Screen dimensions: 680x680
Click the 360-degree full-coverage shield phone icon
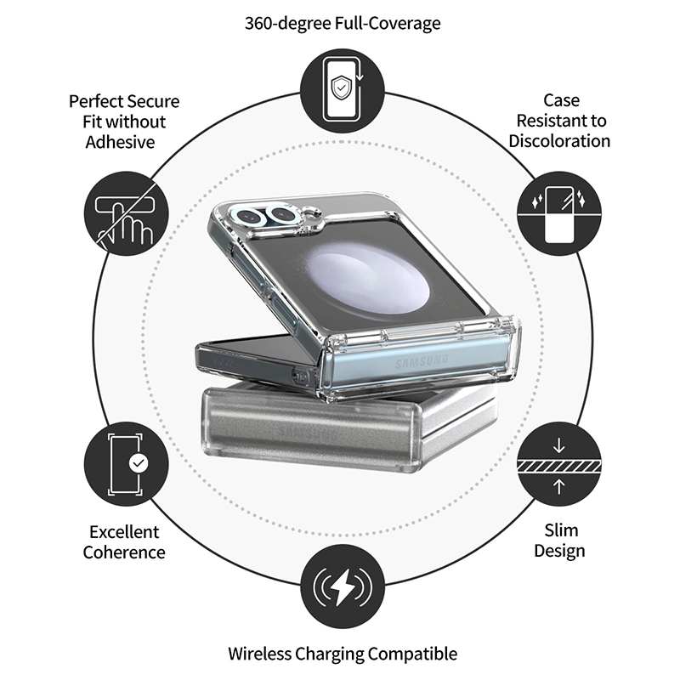point(343,91)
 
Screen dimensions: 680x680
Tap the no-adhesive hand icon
point(126,213)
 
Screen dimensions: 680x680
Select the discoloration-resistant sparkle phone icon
point(559,213)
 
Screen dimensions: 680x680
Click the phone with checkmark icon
point(126,464)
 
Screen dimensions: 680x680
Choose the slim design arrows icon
point(559,464)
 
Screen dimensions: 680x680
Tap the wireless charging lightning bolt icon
point(343,586)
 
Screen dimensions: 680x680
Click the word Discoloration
point(559,141)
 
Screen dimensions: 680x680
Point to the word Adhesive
point(120,142)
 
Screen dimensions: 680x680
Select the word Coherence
point(124,552)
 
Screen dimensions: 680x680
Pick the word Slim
point(561,530)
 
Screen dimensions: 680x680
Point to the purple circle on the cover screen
point(370,279)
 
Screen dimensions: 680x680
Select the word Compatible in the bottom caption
point(412,654)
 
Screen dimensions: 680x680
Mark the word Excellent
point(124,532)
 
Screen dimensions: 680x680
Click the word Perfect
point(93,101)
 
